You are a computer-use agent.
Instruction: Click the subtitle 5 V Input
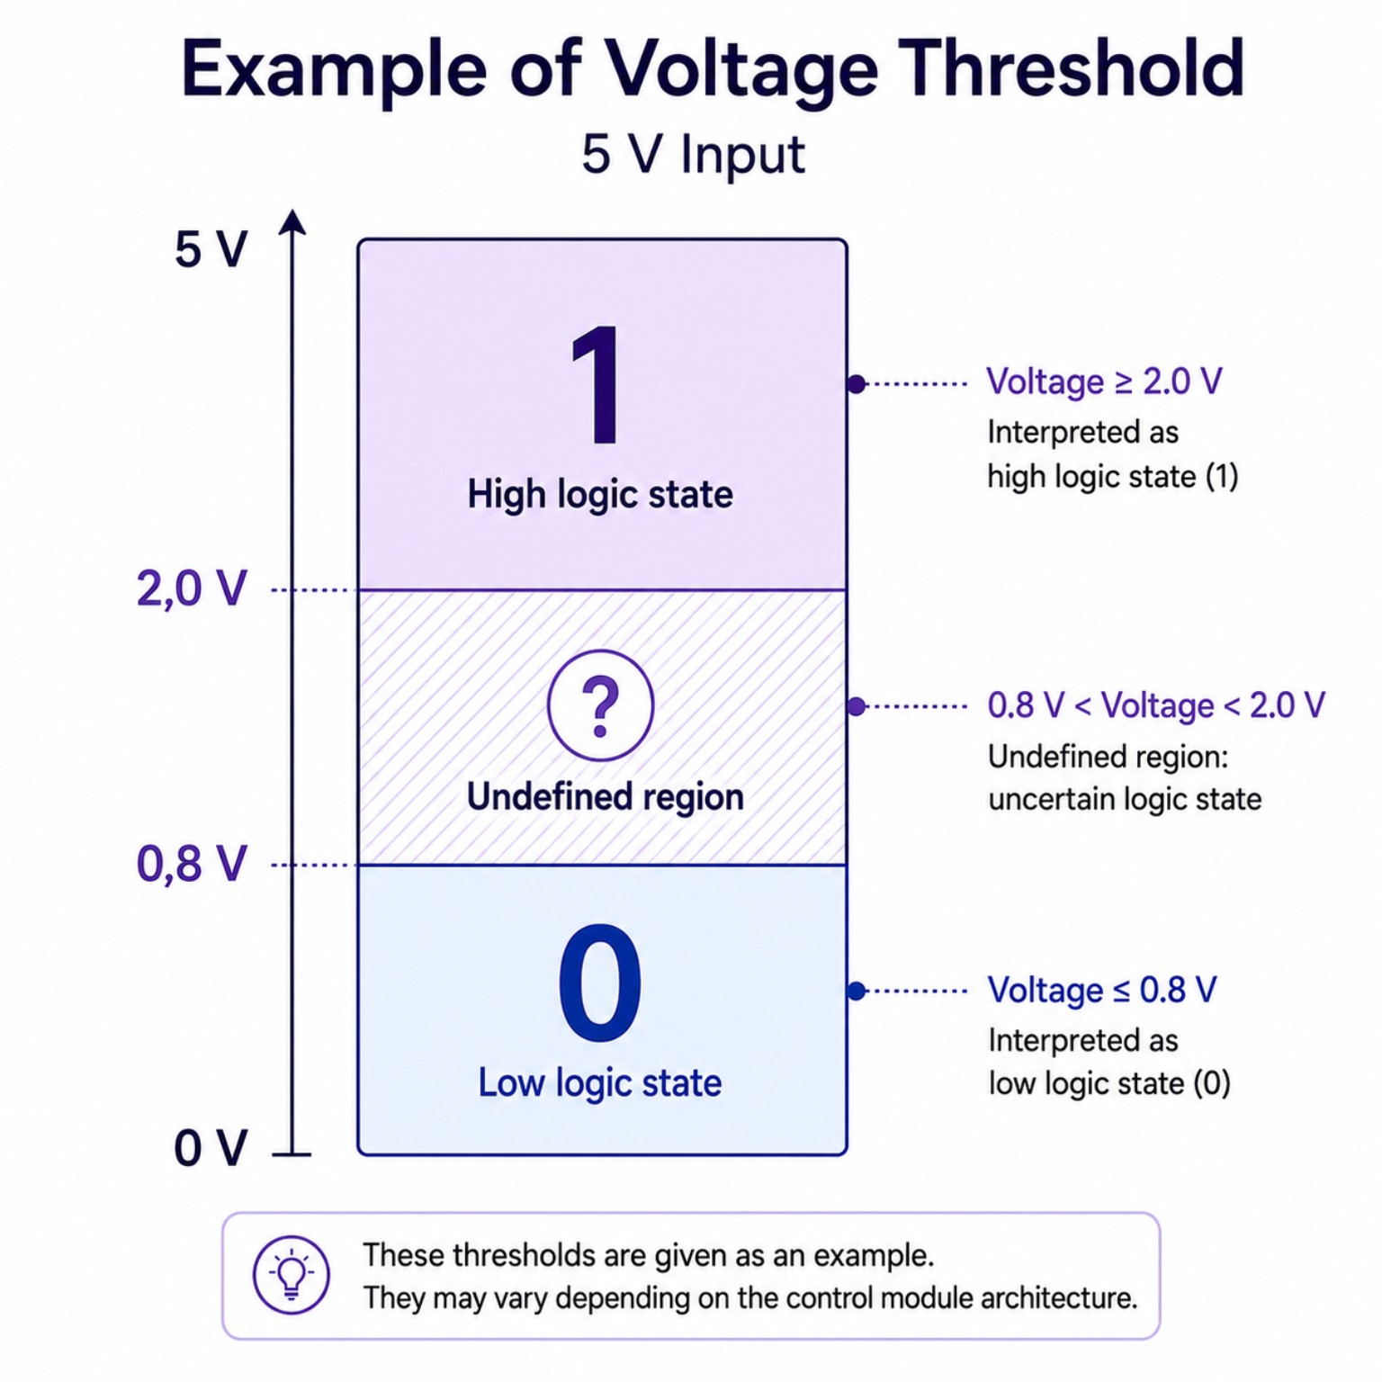coord(693,154)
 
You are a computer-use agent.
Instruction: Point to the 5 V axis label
coord(211,249)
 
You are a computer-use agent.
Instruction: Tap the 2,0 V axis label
coord(192,589)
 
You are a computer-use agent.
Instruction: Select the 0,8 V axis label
coord(192,864)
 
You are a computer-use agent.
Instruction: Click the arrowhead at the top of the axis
coord(292,221)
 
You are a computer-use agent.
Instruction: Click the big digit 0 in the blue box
coord(600,982)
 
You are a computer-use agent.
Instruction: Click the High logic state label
coord(600,495)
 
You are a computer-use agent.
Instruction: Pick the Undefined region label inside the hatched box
coord(605,797)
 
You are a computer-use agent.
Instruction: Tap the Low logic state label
coord(600,1082)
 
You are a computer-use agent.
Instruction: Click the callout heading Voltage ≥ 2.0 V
coord(1104,381)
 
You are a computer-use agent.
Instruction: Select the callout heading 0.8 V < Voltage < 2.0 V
coord(1156,705)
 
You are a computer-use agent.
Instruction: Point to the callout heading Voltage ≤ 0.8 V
coord(1102,990)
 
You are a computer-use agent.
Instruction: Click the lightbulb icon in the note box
coord(292,1275)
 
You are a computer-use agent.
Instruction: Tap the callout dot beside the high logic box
coord(857,384)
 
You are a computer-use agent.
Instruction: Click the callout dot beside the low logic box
coord(857,991)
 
